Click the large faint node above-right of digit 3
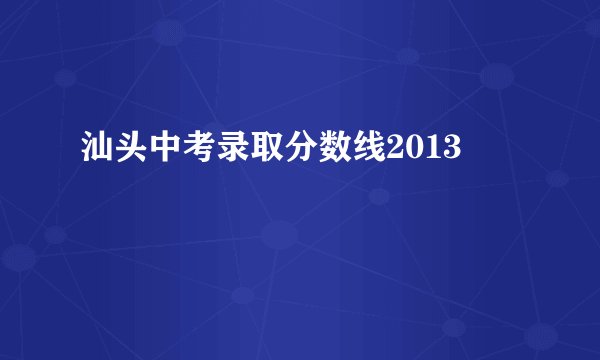497,75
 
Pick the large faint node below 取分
281,236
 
